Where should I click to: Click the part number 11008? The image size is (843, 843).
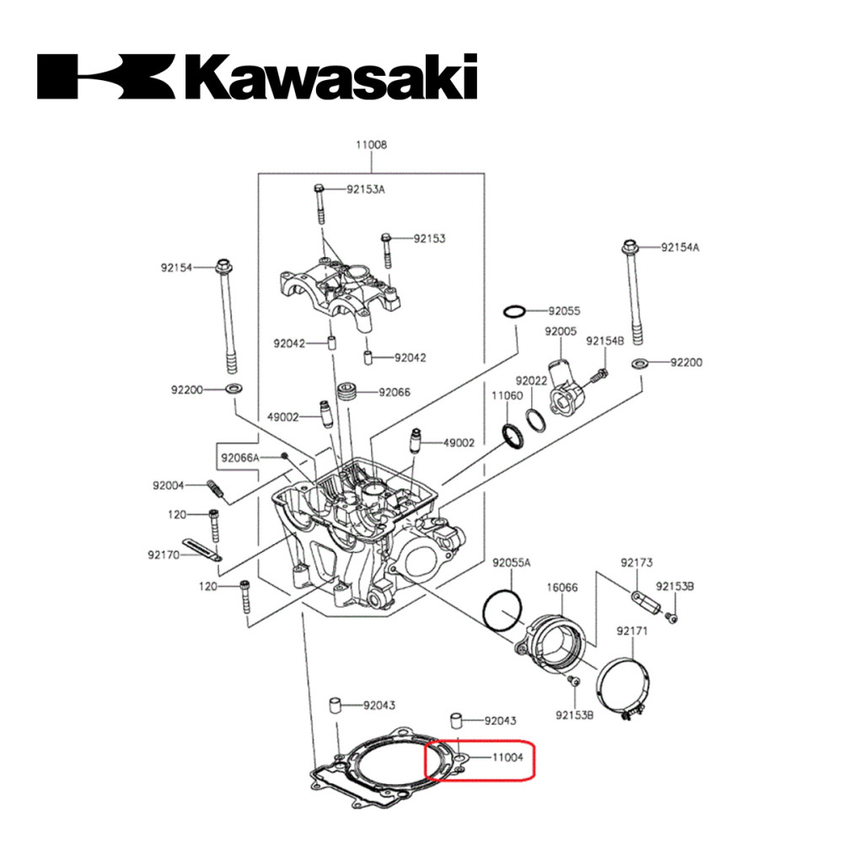pyautogui.click(x=371, y=145)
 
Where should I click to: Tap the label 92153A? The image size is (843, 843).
pyautogui.click(x=366, y=189)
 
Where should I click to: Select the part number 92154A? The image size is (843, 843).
pyautogui.click(x=680, y=247)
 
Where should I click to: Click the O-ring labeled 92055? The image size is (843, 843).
pyautogui.click(x=514, y=312)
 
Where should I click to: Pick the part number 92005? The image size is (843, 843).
pyautogui.click(x=561, y=332)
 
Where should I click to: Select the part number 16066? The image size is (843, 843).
pyautogui.click(x=561, y=588)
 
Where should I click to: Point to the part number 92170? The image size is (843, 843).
pyautogui.click(x=164, y=555)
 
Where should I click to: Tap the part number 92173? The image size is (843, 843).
pyautogui.click(x=636, y=562)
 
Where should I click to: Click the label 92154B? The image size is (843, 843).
pyautogui.click(x=605, y=340)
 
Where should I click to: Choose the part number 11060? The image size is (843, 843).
pyautogui.click(x=507, y=395)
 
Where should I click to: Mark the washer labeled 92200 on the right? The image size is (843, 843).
pyautogui.click(x=640, y=363)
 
